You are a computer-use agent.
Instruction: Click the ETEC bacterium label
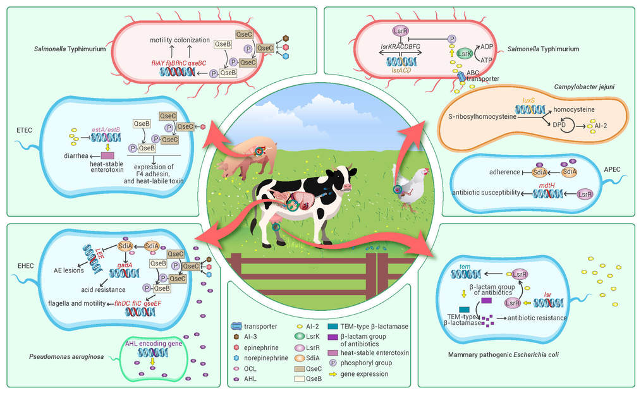click(x=25, y=130)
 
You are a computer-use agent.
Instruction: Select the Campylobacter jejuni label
click(x=584, y=87)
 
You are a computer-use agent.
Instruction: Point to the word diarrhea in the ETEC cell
click(x=76, y=155)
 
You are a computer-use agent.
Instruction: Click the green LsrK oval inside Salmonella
click(x=465, y=54)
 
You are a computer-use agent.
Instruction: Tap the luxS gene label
click(x=528, y=100)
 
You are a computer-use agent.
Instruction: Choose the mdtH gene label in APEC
click(x=547, y=185)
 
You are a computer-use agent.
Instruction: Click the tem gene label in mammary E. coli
click(x=465, y=267)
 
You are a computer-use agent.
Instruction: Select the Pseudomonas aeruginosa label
click(x=66, y=356)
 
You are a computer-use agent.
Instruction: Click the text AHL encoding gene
click(x=154, y=344)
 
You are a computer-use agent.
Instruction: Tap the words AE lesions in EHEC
click(x=69, y=270)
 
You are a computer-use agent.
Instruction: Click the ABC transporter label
click(x=482, y=76)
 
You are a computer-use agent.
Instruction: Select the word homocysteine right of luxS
click(x=574, y=109)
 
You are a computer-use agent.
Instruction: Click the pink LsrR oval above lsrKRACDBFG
click(x=400, y=30)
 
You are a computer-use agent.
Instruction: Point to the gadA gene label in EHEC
click(x=125, y=265)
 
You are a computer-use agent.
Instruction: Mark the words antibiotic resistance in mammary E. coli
click(x=537, y=318)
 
